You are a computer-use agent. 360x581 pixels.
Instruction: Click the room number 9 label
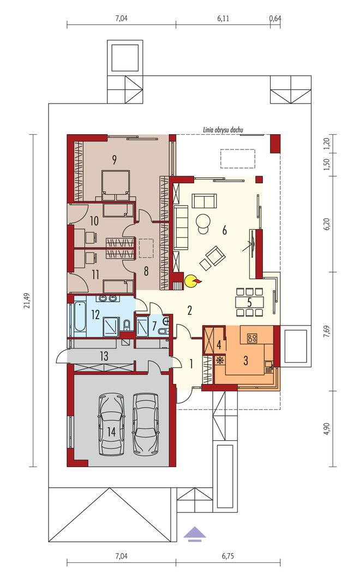pyautogui.click(x=115, y=160)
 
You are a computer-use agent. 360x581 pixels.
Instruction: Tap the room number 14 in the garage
pyautogui.click(x=111, y=432)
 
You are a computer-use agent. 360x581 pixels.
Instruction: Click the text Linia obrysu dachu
pyautogui.click(x=223, y=130)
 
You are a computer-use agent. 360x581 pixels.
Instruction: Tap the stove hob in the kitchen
pyautogui.click(x=253, y=338)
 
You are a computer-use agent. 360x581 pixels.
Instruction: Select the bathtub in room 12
pyautogui.click(x=79, y=318)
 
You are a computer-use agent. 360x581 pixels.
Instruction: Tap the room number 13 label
pyautogui.click(x=104, y=356)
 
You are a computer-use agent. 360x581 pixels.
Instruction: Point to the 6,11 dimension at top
pyautogui.click(x=223, y=18)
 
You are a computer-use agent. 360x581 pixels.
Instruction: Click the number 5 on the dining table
pyautogui.click(x=249, y=302)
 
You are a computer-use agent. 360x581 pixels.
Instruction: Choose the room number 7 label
pyautogui.click(x=154, y=326)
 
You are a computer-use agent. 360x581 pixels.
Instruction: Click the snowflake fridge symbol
pyautogui.click(x=220, y=360)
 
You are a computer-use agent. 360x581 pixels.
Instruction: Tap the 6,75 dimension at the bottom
pyautogui.click(x=228, y=556)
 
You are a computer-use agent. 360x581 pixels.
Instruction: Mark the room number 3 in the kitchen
pyautogui.click(x=245, y=360)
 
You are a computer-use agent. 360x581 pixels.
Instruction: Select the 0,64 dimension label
pyautogui.click(x=275, y=18)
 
